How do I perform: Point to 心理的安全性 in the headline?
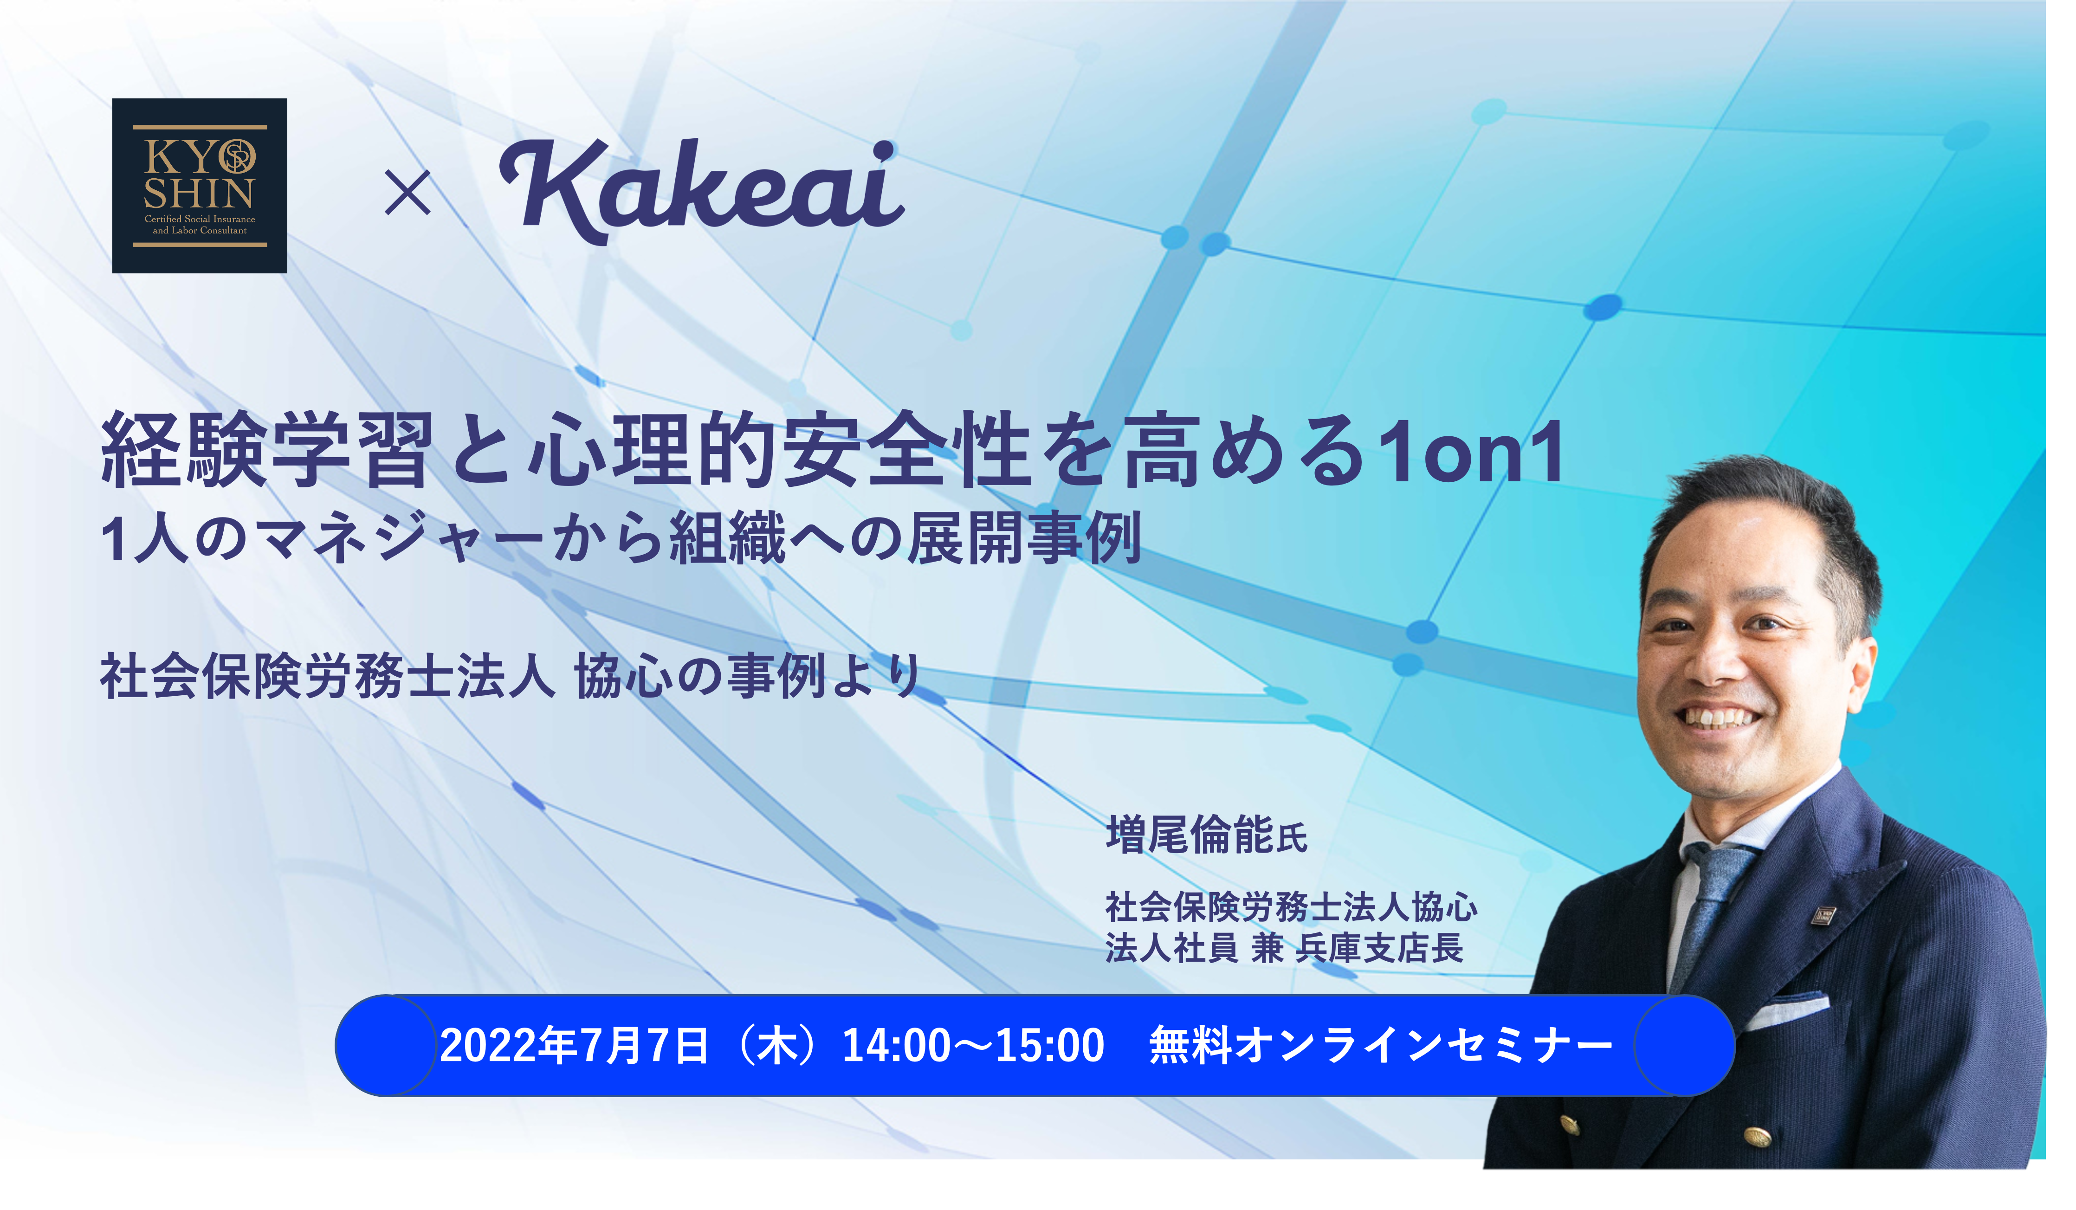[782, 452]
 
